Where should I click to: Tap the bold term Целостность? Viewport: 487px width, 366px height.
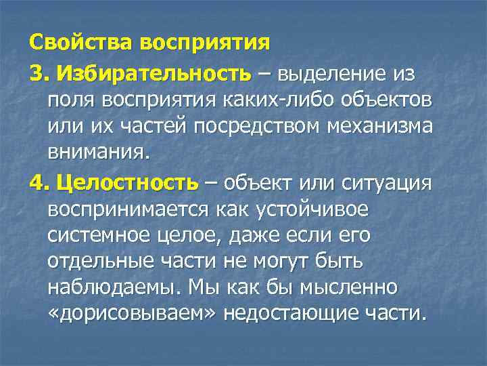pyautogui.click(x=128, y=183)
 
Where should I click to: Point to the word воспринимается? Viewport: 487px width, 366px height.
pyautogui.click(x=128, y=210)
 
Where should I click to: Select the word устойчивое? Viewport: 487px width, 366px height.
pyautogui.click(x=313, y=210)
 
